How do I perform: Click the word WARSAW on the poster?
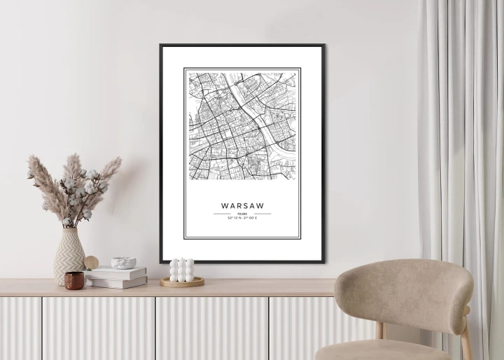[x=242, y=206]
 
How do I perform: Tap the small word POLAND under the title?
[x=242, y=214]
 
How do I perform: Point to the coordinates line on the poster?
[x=242, y=219]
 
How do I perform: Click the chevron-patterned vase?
[x=69, y=256]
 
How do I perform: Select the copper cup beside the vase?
[x=74, y=280]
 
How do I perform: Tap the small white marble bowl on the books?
[x=124, y=263]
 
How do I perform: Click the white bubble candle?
[x=181, y=270]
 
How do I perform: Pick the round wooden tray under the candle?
[x=182, y=282]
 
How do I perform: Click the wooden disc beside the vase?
[x=92, y=263]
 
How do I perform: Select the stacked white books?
[x=116, y=277]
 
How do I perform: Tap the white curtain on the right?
[x=462, y=140]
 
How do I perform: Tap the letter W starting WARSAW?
[x=224, y=206]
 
